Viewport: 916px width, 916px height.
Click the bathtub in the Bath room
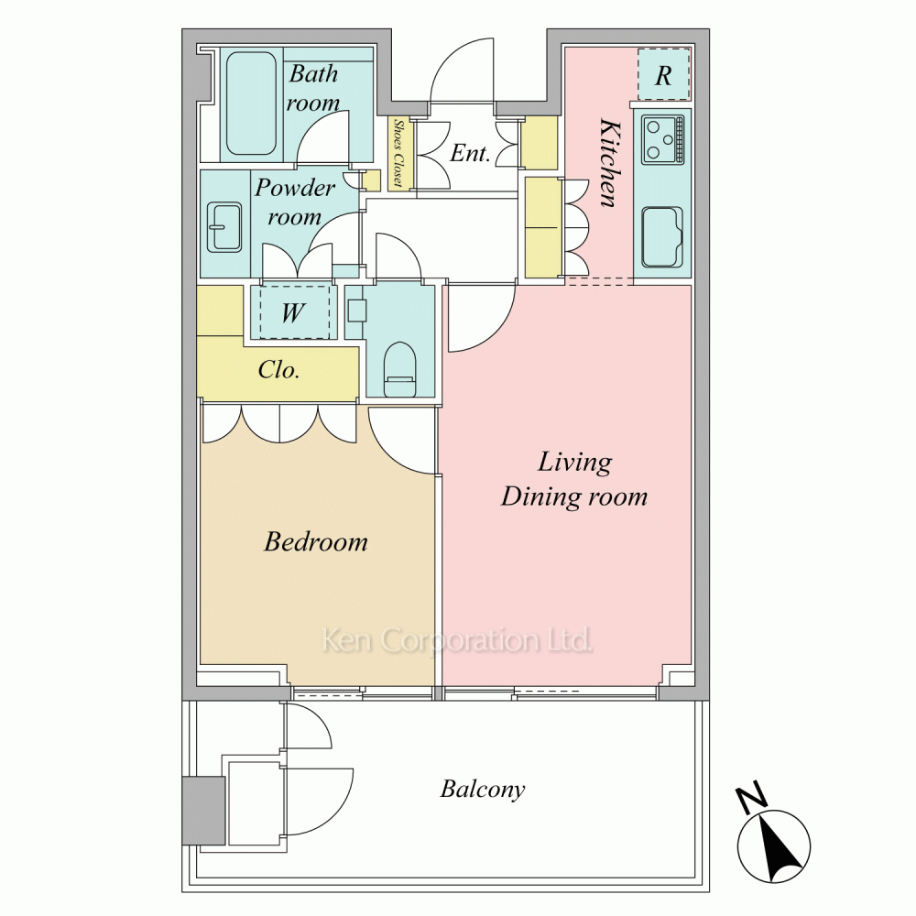tap(251, 104)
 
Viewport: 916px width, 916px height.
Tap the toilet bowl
tap(399, 369)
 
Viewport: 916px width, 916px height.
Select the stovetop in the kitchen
tap(662, 139)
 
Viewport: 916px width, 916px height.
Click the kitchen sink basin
tap(662, 236)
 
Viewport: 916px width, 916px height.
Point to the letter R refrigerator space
tap(663, 75)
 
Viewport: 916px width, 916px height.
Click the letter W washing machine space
tap(294, 312)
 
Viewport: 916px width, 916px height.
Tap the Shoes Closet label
tap(398, 153)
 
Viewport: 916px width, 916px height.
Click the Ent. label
tap(470, 153)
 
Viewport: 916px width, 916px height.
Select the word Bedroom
tap(316, 541)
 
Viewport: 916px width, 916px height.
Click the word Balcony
tap(483, 790)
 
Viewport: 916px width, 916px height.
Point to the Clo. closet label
tap(278, 369)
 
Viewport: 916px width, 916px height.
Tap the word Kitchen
tap(609, 163)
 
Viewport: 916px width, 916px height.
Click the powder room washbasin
tap(225, 227)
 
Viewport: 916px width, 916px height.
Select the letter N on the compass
tap(751, 797)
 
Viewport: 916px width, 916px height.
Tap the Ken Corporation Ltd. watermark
tap(457, 641)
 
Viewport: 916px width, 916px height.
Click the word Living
tap(575, 463)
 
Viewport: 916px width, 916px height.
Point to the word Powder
tap(295, 188)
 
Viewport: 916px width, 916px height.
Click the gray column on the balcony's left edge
tap(203, 811)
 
